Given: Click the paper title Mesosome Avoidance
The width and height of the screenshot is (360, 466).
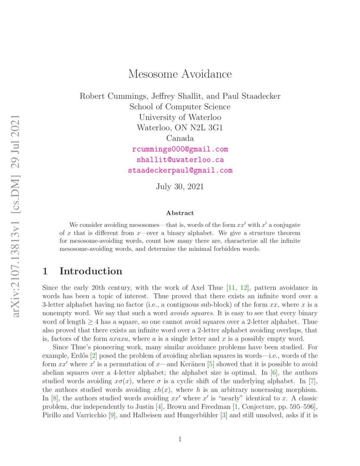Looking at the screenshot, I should coord(180,74).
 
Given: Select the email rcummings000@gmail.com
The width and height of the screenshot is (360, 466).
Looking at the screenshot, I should coord(180,149).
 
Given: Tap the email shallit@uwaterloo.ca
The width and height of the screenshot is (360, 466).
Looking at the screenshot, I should coord(180,160).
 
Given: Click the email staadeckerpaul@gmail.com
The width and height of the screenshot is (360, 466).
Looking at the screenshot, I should coord(180,170).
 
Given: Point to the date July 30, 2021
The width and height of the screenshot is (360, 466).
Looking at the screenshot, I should coord(180,186).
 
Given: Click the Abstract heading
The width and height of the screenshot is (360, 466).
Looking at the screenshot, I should coord(180,213).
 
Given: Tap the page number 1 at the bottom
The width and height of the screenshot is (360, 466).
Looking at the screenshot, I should coord(180,439).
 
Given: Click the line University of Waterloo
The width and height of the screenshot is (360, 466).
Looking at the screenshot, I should coord(180,117).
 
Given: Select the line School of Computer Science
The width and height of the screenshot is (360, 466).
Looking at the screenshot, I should coord(180,107).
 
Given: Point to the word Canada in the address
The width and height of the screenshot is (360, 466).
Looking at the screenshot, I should coord(180,139).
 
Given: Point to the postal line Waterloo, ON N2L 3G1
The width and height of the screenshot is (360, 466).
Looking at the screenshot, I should coord(180,128).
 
